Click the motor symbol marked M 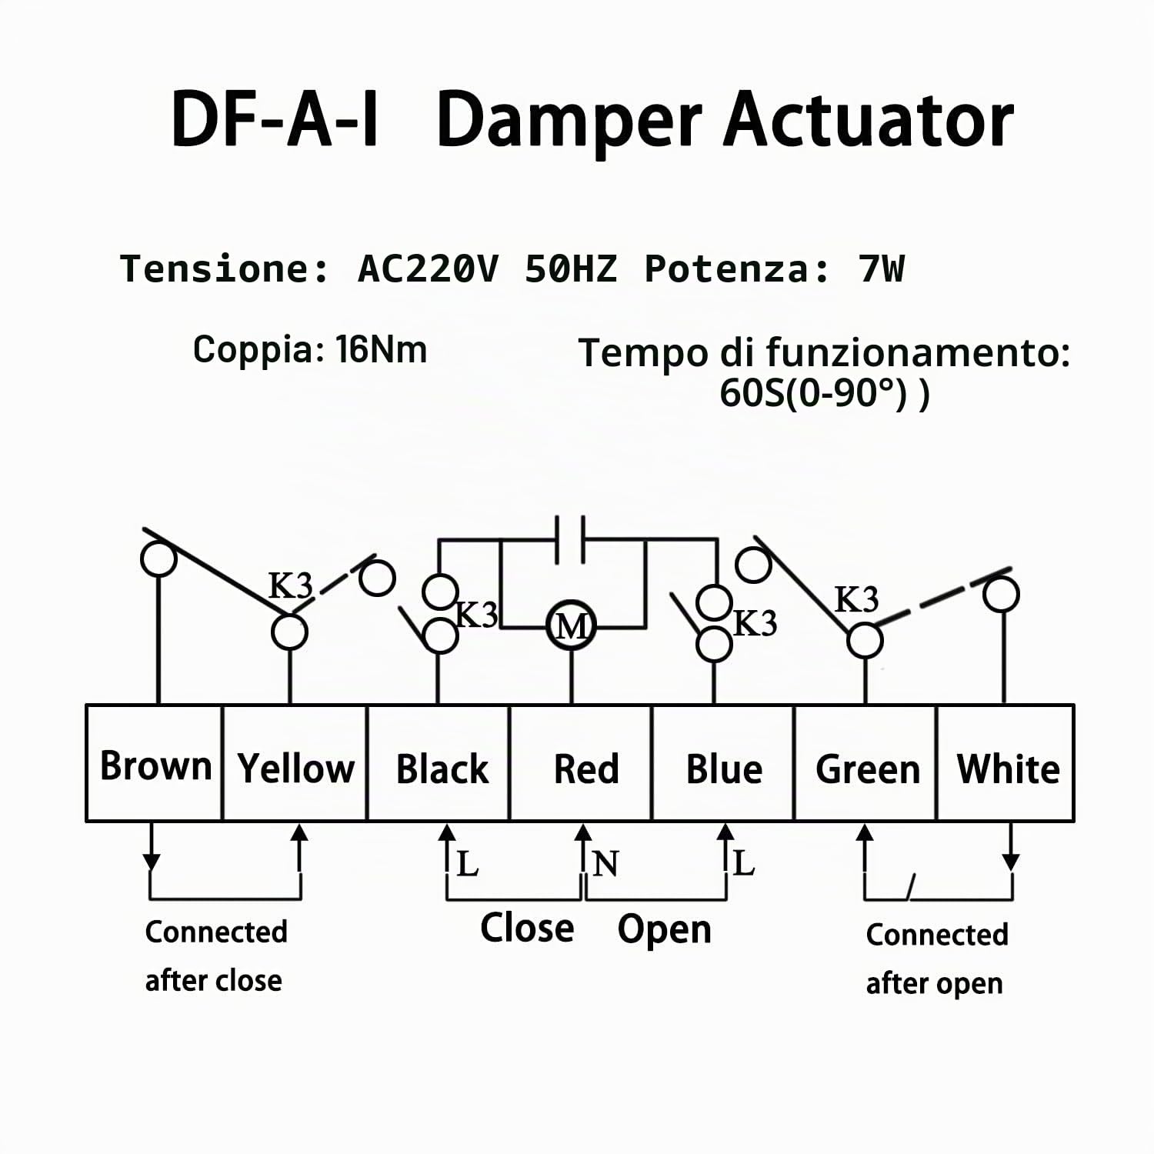coord(571,626)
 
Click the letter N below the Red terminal coord(605,864)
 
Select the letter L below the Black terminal coord(467,864)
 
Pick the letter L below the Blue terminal coord(743,863)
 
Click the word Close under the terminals coord(527,927)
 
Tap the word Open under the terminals coord(665,930)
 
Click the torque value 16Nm coord(381,349)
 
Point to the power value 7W coord(882,268)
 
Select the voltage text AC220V coord(429,268)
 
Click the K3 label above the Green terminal coord(856,599)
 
